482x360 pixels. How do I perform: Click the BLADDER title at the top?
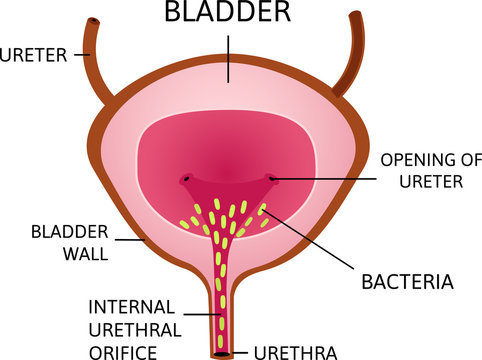(x=227, y=13)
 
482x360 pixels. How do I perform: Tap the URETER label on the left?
(x=33, y=55)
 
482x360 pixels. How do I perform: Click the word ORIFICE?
(x=123, y=351)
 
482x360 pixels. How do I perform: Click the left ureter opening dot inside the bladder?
(x=186, y=181)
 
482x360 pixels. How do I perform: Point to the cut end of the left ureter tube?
(x=93, y=21)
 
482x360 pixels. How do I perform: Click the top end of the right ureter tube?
(x=356, y=15)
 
